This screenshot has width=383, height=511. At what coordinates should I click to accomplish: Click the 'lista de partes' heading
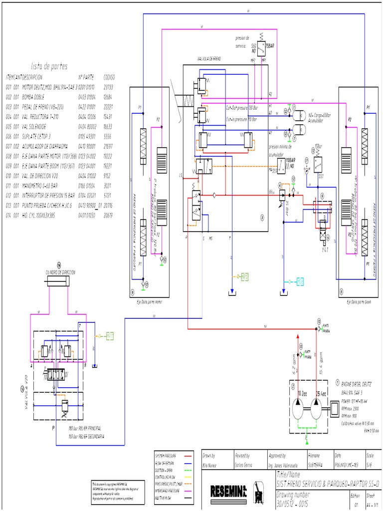point(49,66)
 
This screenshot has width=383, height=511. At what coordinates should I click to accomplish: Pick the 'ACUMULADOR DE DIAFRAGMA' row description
point(48,146)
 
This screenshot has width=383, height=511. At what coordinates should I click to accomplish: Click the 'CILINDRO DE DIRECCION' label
point(60,272)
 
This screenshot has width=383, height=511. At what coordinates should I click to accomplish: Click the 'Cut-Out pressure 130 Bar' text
point(242,107)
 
